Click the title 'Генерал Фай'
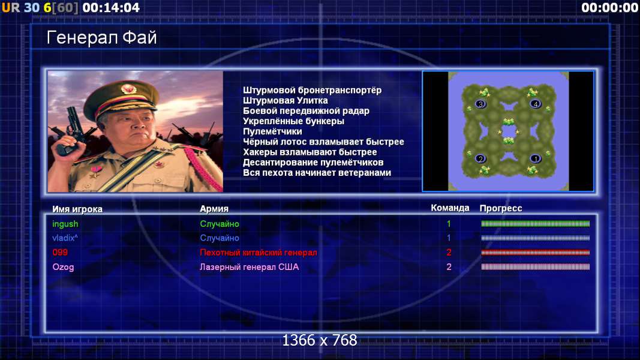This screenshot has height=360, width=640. tap(101, 38)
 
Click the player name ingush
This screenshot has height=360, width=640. tap(65, 224)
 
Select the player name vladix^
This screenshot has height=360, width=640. tap(65, 238)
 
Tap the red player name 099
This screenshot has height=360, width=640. tap(60, 252)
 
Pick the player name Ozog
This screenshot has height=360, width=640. tap(63, 267)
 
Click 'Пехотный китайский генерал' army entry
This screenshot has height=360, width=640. tap(259, 252)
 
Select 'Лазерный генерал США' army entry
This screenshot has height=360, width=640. tap(249, 267)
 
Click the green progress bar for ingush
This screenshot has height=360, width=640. tap(535, 224)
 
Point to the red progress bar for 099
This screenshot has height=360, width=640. tap(535, 253)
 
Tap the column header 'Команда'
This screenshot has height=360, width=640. tap(450, 208)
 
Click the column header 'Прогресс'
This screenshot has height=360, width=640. tap(501, 208)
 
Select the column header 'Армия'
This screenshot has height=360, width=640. tap(214, 209)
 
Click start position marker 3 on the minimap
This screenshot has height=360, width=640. tap(480, 104)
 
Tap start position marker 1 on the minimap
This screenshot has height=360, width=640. tap(536, 158)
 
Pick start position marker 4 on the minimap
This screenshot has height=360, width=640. tap(536, 104)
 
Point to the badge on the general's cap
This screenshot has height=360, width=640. tap(128, 89)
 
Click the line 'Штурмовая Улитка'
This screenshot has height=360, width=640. tap(286, 100)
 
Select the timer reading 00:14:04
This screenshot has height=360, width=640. tap(111, 7)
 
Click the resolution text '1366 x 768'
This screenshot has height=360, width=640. tap(320, 340)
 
